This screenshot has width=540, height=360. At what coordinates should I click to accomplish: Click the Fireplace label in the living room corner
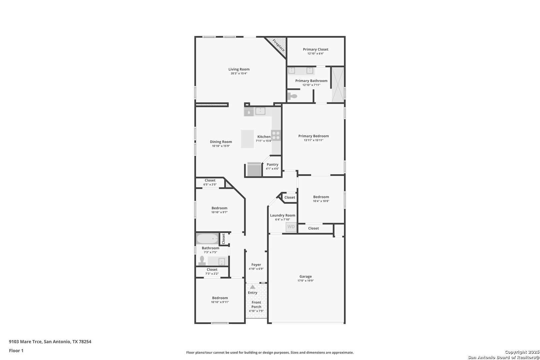click(279, 45)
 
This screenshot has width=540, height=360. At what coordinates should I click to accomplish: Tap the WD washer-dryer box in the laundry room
click(291, 227)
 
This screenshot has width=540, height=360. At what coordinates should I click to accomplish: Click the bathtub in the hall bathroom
click(207, 239)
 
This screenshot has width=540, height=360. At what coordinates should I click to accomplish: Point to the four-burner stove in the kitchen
click(276, 135)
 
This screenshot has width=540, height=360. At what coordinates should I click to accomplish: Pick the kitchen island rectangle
click(247, 139)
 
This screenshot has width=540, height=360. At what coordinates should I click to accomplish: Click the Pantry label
click(272, 164)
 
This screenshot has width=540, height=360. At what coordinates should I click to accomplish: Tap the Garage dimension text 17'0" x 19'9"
click(305, 281)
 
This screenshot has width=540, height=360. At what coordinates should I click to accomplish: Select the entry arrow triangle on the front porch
click(252, 287)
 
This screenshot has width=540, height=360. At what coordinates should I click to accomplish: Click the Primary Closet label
click(316, 49)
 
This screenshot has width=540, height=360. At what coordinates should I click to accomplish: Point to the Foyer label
click(256, 265)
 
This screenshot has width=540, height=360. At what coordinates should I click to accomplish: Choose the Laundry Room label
click(283, 215)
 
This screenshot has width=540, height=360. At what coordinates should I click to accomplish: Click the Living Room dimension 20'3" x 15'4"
click(239, 74)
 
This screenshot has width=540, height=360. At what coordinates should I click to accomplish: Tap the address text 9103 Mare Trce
click(26, 342)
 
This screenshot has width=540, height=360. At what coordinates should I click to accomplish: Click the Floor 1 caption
click(16, 351)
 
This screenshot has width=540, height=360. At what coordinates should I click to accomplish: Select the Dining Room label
click(221, 142)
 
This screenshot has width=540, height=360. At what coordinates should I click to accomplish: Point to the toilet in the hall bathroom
click(202, 261)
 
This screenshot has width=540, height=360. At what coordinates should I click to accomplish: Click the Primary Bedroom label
click(313, 136)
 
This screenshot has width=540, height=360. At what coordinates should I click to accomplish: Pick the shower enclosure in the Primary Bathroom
click(338, 84)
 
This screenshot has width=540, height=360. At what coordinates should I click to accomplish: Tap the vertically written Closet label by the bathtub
click(223, 239)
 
